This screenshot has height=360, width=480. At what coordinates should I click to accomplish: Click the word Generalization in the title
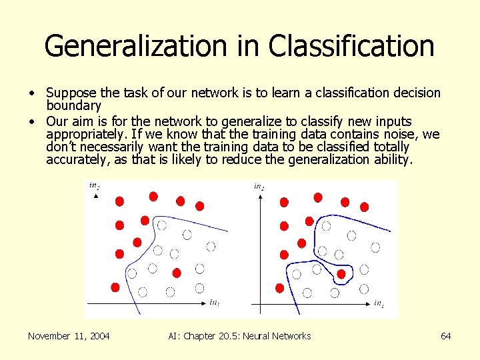pyautogui.click(x=134, y=47)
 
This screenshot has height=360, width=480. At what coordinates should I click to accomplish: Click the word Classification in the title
pyautogui.click(x=351, y=47)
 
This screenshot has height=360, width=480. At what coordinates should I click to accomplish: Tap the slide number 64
pyautogui.click(x=445, y=336)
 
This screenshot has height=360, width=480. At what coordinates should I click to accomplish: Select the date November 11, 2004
pyautogui.click(x=69, y=336)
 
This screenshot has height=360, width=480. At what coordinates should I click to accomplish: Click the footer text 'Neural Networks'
pyautogui.click(x=275, y=336)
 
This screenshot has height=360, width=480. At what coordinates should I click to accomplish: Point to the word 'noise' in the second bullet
pyautogui.click(x=398, y=134)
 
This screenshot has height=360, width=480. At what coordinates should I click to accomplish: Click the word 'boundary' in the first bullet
pyautogui.click(x=73, y=105)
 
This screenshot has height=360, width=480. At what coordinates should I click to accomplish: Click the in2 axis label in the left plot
pyautogui.click(x=95, y=186)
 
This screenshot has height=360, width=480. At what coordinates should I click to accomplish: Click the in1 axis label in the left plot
pyautogui.click(x=214, y=303)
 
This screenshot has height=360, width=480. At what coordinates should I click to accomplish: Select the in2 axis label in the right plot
pyautogui.click(x=259, y=187)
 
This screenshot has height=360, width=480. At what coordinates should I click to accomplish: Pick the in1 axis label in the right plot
pyautogui.click(x=378, y=304)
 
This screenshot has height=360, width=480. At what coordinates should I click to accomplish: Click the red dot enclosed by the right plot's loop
pyautogui.click(x=341, y=273)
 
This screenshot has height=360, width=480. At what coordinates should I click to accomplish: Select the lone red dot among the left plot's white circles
pyautogui.click(x=177, y=272)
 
